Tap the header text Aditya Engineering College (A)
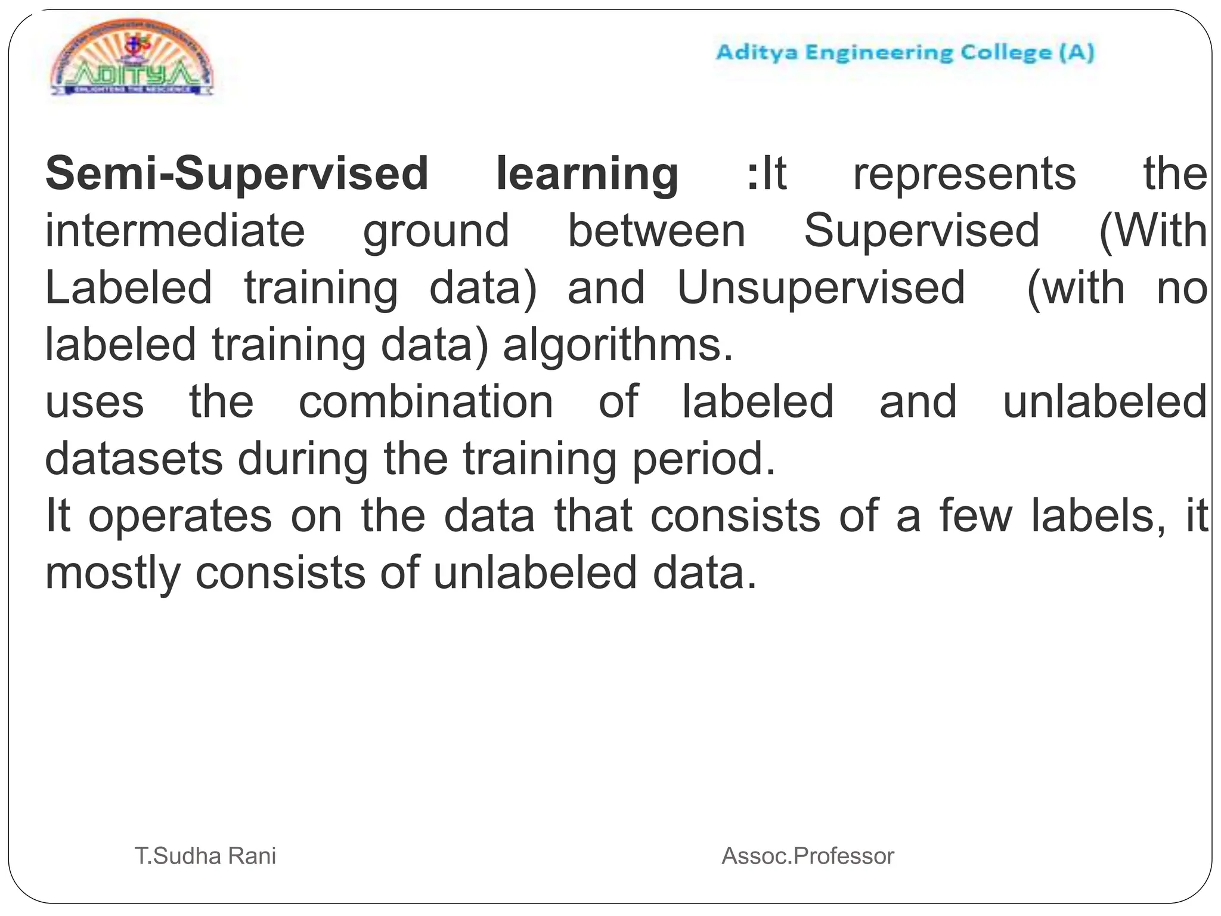point(905,52)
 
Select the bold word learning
point(587,174)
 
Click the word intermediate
point(175,231)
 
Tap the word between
point(656,231)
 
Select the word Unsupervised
point(821,289)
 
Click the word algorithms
point(618,346)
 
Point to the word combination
point(426,402)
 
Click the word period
point(704,460)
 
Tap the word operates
point(180,516)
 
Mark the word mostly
point(113,574)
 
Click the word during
point(303,460)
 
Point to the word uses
point(95,403)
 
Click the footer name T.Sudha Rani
point(206,856)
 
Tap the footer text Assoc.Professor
point(808,856)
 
